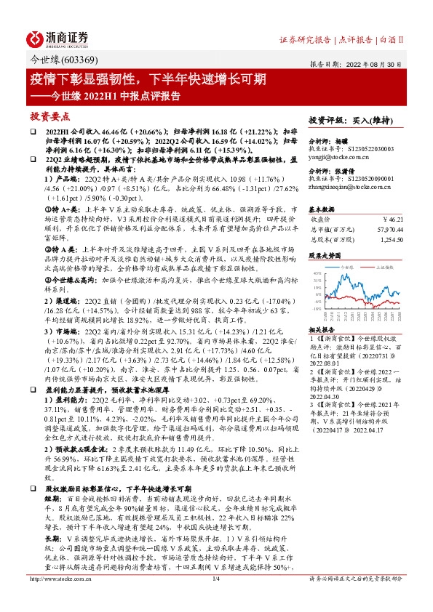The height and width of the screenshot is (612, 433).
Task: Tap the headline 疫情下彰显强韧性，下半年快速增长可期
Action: pyautogui.click(x=152, y=78)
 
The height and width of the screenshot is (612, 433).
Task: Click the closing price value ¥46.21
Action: pyautogui.click(x=393, y=217)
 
